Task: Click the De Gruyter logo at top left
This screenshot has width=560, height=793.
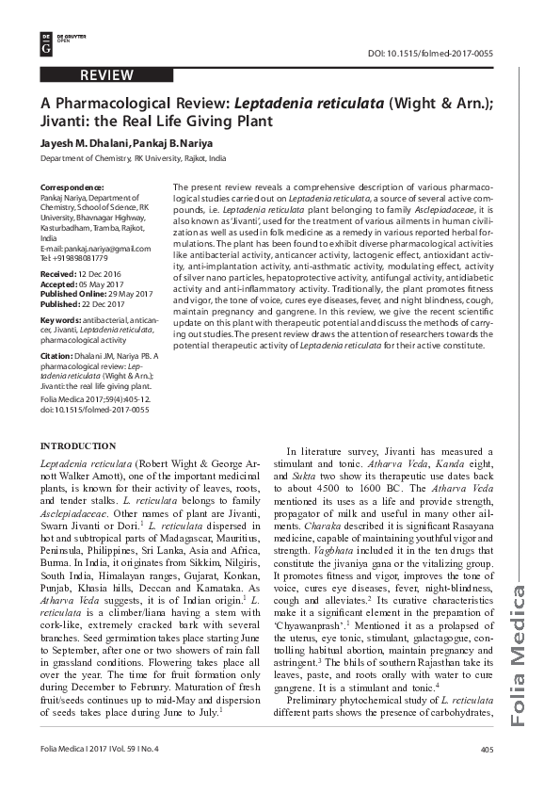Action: click(47, 41)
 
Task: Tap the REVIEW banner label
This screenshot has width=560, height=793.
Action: click(106, 75)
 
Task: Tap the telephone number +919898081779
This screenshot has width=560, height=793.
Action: click(90, 257)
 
